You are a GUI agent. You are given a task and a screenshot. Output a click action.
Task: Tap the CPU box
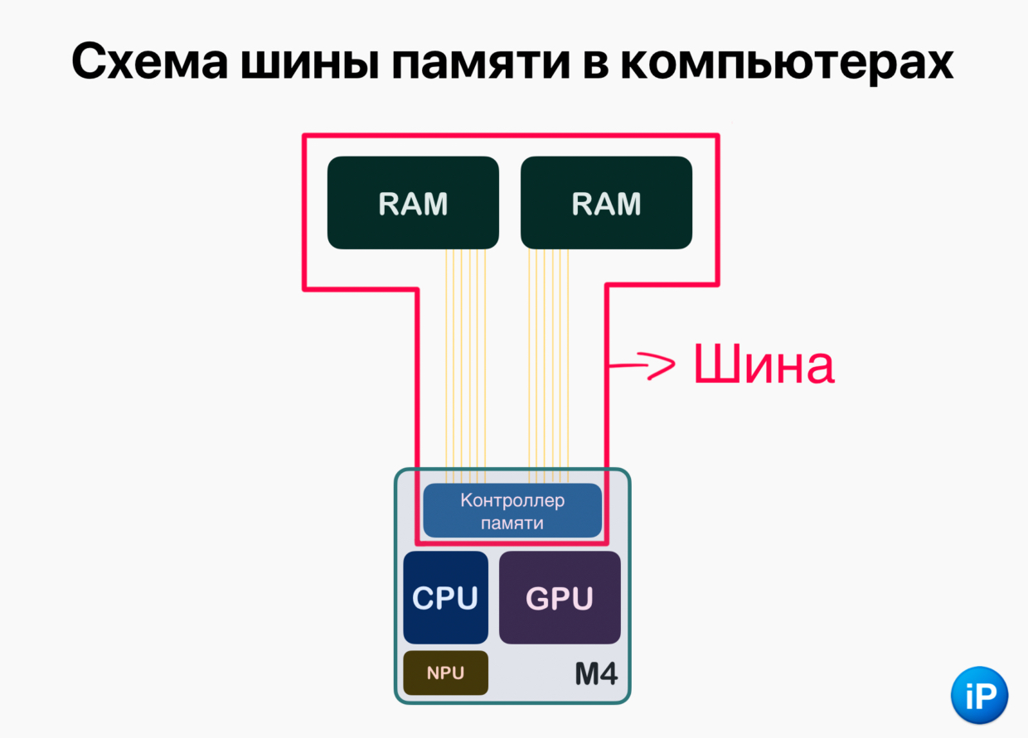tap(445, 597)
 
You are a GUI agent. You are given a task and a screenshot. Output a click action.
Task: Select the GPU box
tap(560, 597)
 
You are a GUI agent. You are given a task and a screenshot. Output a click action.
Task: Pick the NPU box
tap(445, 673)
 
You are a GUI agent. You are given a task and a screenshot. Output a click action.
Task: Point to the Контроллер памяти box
tap(512, 511)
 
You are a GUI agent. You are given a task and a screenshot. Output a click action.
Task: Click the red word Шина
tap(764, 365)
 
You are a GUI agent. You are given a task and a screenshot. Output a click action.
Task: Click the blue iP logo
tap(979, 694)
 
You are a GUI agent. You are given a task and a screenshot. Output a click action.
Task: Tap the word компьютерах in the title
tap(794, 61)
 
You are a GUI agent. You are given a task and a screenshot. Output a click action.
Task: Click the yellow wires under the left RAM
tap(466, 364)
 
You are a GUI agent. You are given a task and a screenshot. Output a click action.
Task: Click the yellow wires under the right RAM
tap(549, 364)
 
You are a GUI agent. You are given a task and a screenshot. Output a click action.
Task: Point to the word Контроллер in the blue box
tap(512, 500)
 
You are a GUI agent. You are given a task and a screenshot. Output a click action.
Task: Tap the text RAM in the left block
tap(413, 203)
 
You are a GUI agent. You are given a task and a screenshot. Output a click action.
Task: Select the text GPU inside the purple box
tap(560, 598)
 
